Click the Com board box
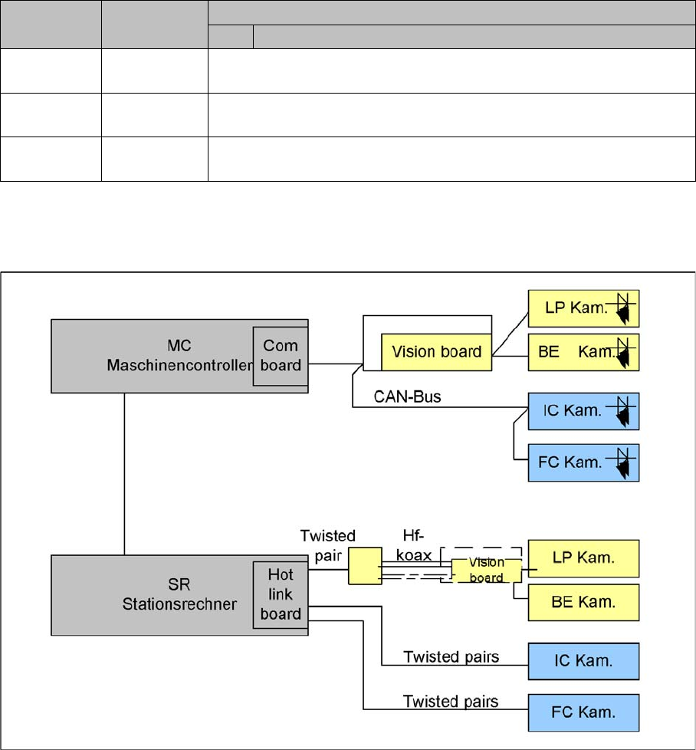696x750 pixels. pos(281,354)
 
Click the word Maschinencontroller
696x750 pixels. pos(179,365)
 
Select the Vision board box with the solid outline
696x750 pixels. pos(436,352)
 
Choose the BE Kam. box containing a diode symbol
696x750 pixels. pos(583,352)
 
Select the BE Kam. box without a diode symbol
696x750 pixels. pos(583,601)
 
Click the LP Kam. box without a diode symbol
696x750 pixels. pos(583,558)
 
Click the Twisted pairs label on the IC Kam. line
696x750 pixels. pos(451,657)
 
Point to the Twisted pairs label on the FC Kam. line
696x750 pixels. pos(451,702)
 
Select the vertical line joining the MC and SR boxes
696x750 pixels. pos(124,474)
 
